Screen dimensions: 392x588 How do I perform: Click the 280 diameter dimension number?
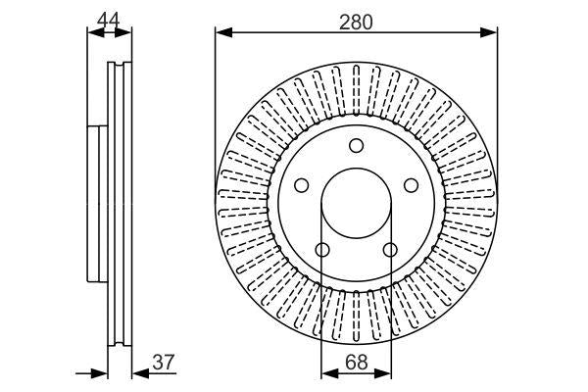click(x=356, y=21)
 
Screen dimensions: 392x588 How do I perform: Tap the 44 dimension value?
click(x=109, y=17)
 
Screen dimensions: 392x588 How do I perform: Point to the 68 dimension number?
click(x=356, y=362)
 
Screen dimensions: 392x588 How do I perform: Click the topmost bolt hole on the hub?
click(x=357, y=146)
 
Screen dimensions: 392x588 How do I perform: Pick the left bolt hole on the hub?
click(x=302, y=185)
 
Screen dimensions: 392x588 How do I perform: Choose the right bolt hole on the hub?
click(x=411, y=185)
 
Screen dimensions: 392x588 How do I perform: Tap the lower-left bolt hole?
click(x=322, y=249)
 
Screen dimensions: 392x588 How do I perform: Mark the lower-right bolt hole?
click(x=390, y=249)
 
